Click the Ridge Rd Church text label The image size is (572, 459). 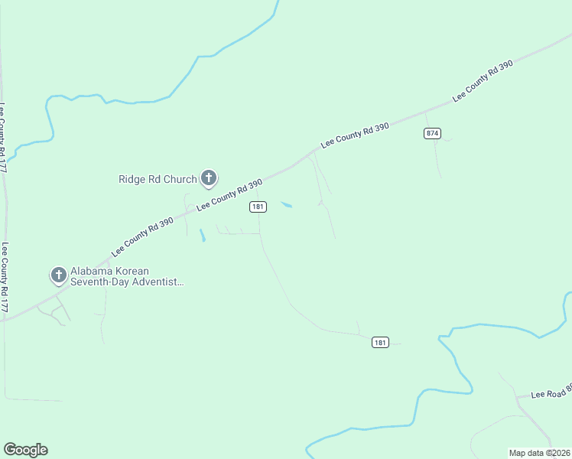(158, 180)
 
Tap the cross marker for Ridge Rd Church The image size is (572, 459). (208, 178)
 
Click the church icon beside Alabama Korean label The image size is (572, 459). (58, 275)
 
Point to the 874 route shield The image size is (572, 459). (433, 133)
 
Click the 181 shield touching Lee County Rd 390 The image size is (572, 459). (258, 207)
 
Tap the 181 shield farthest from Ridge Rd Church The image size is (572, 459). (380, 342)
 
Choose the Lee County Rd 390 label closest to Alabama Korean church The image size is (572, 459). (142, 236)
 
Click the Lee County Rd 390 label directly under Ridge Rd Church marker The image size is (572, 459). (229, 195)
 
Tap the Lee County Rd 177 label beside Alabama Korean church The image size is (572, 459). (5, 277)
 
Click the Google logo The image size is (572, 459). (25, 449)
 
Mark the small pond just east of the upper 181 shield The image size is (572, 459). (287, 204)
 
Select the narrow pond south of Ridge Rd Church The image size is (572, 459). (202, 236)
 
